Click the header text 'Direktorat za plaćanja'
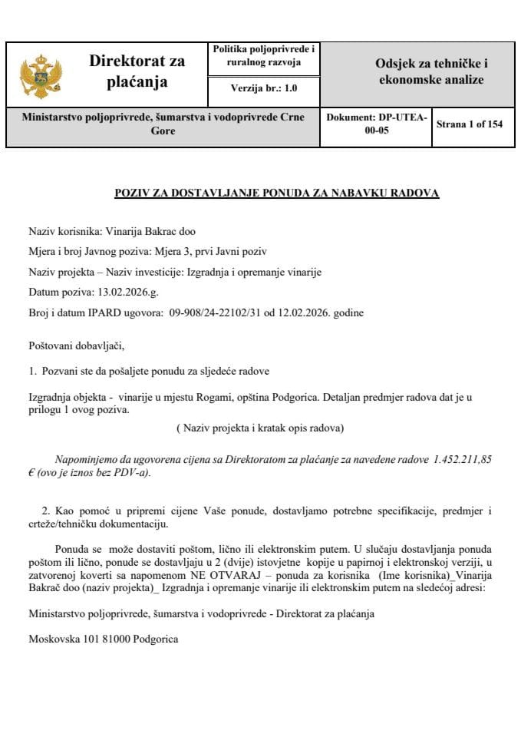point(137,71)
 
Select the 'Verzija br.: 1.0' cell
point(263,88)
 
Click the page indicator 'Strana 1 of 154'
point(469,124)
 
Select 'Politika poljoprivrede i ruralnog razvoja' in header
point(263,55)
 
